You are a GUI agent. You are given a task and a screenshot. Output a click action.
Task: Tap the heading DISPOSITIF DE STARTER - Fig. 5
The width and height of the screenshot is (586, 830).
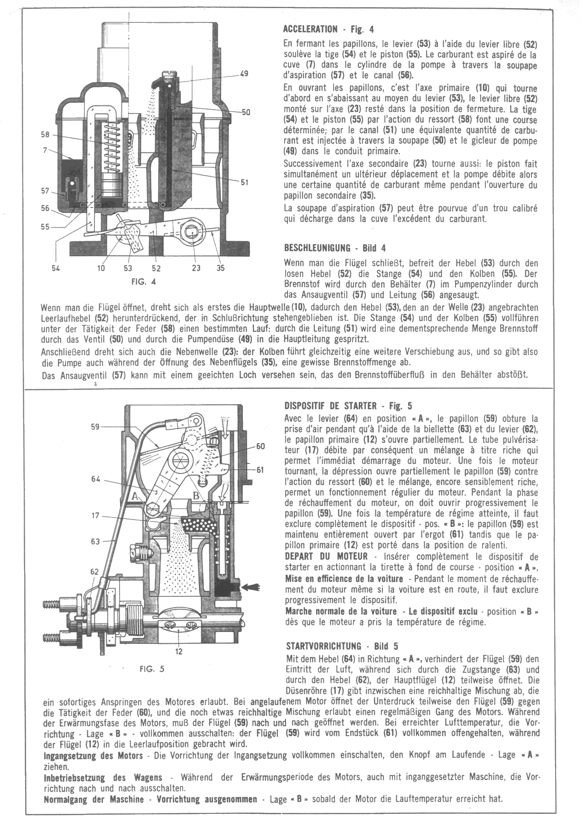[348, 406]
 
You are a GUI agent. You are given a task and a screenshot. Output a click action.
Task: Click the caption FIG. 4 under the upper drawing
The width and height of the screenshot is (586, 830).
[143, 281]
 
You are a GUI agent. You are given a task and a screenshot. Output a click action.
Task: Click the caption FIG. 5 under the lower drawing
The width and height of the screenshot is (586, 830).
[152, 669]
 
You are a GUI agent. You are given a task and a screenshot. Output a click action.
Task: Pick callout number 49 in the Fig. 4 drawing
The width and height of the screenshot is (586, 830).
[244, 74]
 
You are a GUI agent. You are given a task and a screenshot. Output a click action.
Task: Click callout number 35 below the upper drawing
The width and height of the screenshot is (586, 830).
[221, 268]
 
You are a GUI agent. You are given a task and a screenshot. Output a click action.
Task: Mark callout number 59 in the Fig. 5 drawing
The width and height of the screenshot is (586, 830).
[95, 427]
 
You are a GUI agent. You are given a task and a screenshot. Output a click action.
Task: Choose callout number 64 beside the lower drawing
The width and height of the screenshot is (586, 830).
[96, 480]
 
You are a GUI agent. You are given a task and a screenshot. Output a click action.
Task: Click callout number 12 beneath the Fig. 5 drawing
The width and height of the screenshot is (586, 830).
[179, 651]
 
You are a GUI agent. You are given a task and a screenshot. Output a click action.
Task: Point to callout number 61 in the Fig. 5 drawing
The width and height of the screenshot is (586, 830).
[260, 470]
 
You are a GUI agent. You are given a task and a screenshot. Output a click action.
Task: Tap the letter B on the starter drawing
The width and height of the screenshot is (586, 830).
[195, 494]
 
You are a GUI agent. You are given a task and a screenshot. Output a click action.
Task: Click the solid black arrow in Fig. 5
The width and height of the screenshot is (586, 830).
[251, 587]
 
